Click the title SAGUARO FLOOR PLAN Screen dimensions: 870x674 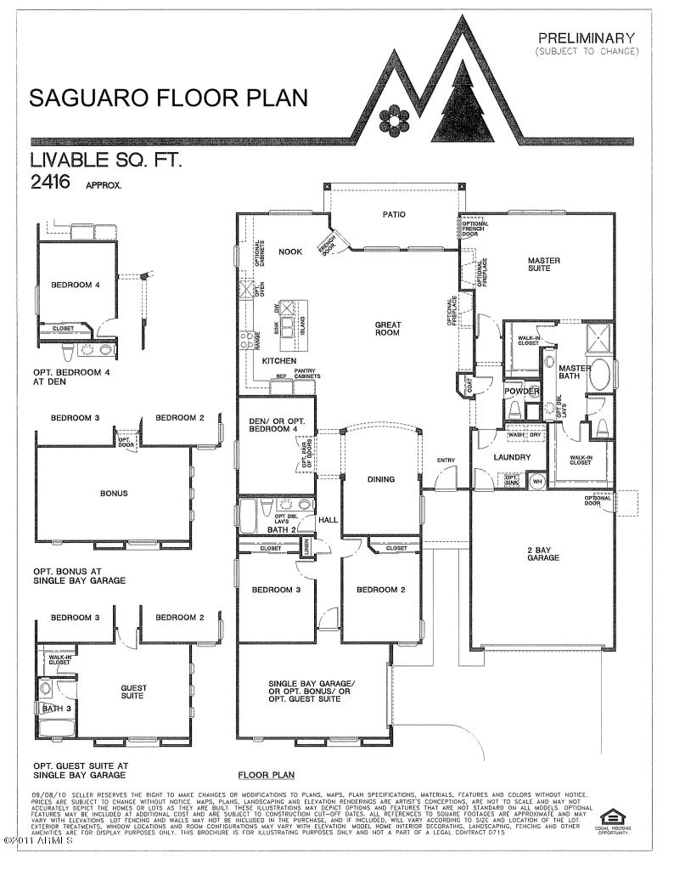[x=168, y=98]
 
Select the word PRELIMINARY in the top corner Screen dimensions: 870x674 [x=586, y=37]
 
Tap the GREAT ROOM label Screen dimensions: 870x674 [x=387, y=329]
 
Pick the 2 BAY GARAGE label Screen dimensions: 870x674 [x=542, y=555]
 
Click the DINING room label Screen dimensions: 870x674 [x=381, y=479]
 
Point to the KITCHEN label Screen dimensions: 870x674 [x=278, y=361]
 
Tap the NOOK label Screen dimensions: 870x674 [x=290, y=251]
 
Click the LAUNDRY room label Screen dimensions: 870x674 [x=513, y=457]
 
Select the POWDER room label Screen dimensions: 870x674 [x=522, y=391]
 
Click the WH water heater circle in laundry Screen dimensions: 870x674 [x=536, y=481]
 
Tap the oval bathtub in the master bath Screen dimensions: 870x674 [x=600, y=373]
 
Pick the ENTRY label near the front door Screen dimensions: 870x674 [x=447, y=460]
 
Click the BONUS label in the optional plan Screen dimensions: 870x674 [x=113, y=492]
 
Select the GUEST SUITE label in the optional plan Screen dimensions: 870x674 [x=133, y=692]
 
